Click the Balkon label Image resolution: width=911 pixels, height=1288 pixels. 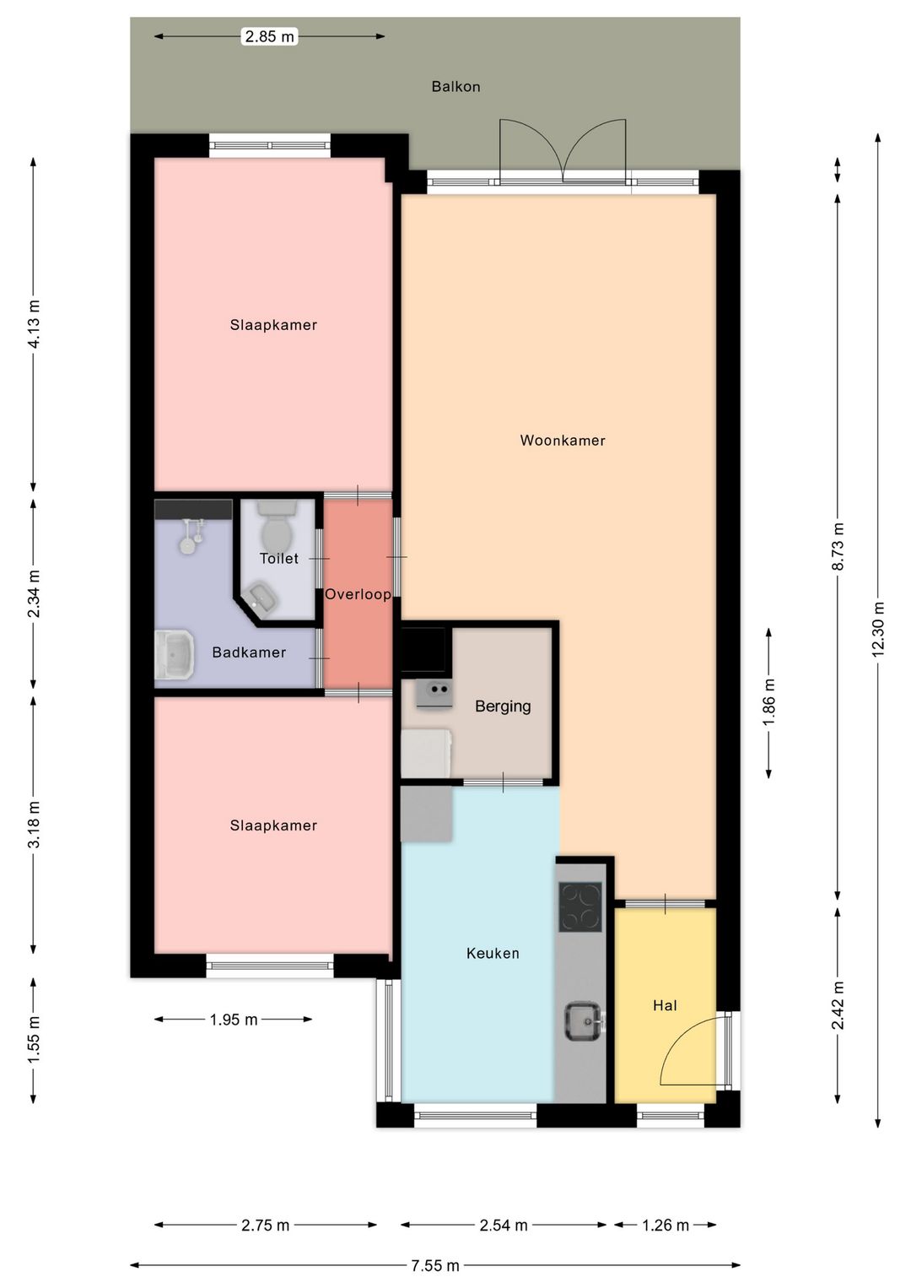click(455, 87)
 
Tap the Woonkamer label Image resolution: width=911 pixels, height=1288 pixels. click(563, 441)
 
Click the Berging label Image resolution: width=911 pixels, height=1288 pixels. click(503, 706)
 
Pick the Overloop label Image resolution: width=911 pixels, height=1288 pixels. click(358, 594)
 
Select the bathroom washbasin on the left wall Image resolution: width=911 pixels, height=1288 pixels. click(175, 655)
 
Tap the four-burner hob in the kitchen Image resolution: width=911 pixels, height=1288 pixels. click(580, 907)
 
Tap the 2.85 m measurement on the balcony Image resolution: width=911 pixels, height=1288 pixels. click(269, 37)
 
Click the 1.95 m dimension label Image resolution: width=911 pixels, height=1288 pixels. click(234, 1020)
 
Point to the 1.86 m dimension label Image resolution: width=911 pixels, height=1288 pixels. click(769, 702)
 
